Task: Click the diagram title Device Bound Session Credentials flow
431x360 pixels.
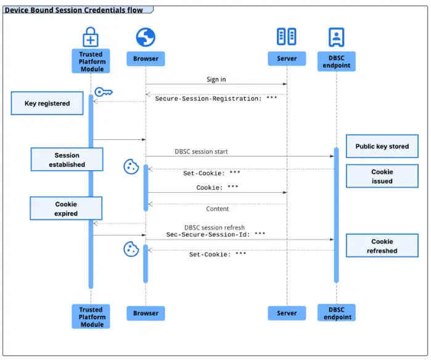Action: (74, 10)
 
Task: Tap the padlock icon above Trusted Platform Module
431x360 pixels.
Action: (91, 38)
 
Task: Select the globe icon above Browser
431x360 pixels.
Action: (146, 38)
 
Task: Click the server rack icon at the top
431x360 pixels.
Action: (287, 37)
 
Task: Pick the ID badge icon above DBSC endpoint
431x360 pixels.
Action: (337, 37)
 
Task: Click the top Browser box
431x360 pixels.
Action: (146, 59)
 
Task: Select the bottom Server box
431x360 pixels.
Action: (287, 313)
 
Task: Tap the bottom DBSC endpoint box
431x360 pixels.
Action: (337, 313)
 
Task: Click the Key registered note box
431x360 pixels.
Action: (47, 104)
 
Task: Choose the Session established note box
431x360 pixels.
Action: (67, 160)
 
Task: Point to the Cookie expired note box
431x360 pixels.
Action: (65, 208)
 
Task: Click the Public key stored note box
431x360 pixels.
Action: (382, 147)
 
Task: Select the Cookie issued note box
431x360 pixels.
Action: (382, 176)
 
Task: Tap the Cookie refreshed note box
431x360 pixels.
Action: (382, 246)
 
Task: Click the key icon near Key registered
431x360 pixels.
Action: (103, 92)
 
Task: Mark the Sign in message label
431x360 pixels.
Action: (216, 80)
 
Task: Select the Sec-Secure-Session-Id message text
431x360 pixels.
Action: (216, 234)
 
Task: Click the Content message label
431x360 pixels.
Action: (217, 209)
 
